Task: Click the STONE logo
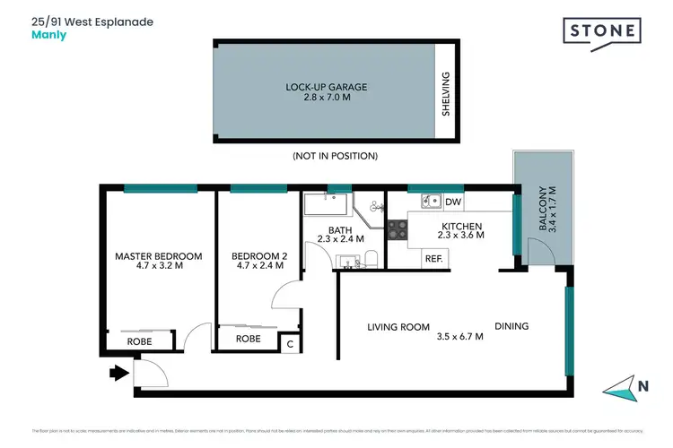603,32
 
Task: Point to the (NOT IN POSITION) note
336,156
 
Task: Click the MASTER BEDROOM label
159,256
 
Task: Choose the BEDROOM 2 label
259,256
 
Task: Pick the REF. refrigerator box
434,259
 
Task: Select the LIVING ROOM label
398,327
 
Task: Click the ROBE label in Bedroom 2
249,340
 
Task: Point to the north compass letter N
643,387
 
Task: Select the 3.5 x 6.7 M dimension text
459,337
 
